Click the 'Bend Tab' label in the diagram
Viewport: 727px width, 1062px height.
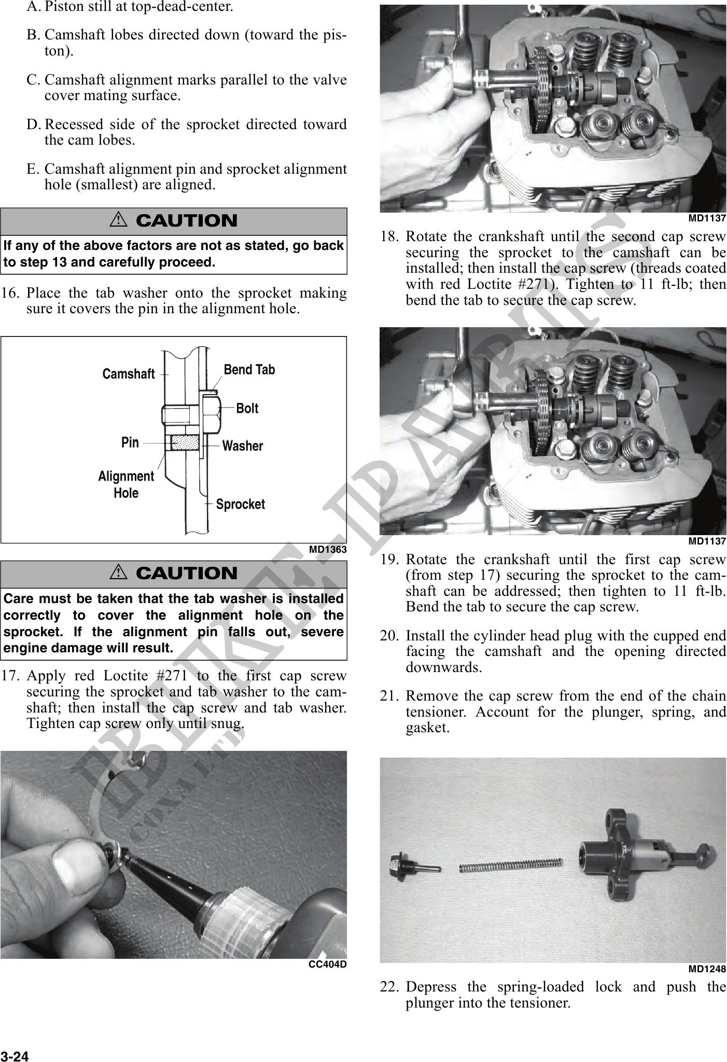pos(249,370)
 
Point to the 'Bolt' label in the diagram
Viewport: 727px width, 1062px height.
pos(247,409)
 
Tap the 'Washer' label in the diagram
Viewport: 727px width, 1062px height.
pos(242,446)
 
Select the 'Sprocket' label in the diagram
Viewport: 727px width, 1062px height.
pos(240,505)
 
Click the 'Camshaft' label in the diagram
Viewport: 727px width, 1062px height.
pos(129,374)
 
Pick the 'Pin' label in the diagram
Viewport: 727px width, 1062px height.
pos(130,442)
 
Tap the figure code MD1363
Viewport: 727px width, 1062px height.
pos(327,550)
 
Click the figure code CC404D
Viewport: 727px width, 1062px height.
pos(327,965)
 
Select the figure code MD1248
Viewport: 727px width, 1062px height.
pos(707,969)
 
